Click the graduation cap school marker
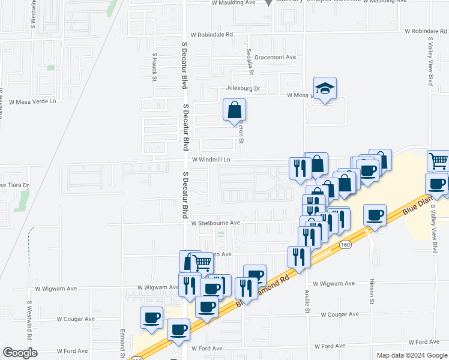point(325,88)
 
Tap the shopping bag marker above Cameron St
point(234,110)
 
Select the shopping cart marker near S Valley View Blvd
point(438,161)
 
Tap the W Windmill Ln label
point(211,160)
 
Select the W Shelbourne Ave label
point(215,223)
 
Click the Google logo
point(20,353)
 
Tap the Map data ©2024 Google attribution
point(412,355)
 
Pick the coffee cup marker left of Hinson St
point(375,215)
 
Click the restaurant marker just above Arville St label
point(299,257)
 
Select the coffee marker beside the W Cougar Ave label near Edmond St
point(151,317)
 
